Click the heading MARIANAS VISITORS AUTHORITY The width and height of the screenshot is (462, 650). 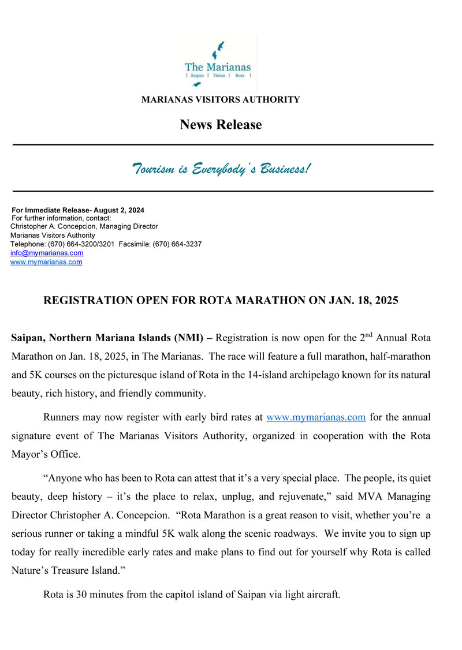[x=221, y=100]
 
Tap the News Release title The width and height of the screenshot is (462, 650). [x=221, y=125]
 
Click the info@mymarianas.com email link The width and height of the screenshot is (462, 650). [x=47, y=253]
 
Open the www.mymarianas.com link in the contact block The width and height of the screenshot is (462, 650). [x=46, y=262]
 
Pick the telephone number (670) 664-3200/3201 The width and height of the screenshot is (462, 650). [x=81, y=244]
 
